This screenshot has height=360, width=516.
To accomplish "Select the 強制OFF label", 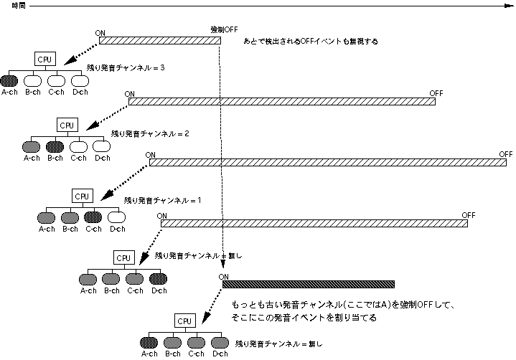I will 223,29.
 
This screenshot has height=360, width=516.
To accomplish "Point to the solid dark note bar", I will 309,284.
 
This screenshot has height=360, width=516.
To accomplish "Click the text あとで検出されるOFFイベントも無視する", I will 311,42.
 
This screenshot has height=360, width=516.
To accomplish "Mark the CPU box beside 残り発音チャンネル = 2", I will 67,125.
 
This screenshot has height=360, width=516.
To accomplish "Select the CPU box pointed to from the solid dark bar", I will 184,321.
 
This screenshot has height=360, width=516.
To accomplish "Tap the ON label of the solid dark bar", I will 224,277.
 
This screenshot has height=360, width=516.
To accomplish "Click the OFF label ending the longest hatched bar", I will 506,154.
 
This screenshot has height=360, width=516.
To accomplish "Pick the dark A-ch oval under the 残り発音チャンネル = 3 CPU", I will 9,80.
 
